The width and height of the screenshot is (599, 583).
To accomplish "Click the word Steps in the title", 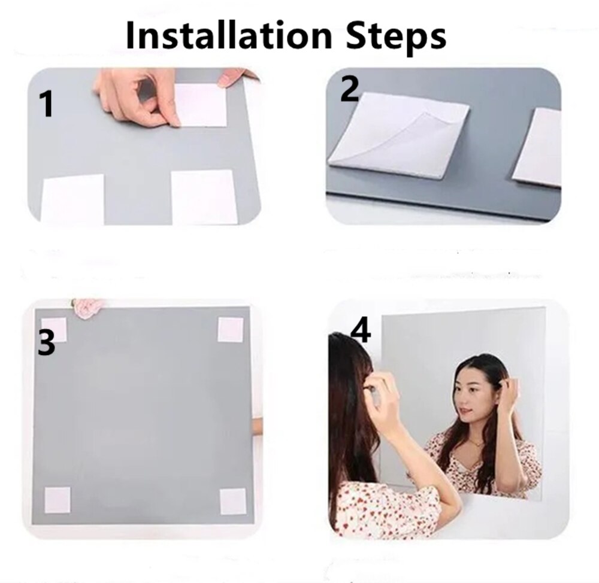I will (x=394, y=37).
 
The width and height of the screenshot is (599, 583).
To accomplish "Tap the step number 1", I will (x=46, y=104).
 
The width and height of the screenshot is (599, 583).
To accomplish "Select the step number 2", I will (x=350, y=89).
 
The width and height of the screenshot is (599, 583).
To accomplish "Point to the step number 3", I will (x=47, y=344).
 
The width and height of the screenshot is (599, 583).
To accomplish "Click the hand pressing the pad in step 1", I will (x=138, y=96).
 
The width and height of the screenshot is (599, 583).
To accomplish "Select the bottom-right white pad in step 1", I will (x=204, y=197).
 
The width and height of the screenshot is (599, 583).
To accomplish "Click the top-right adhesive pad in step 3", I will (x=230, y=330).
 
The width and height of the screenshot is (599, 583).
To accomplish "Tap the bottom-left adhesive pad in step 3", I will (x=58, y=500).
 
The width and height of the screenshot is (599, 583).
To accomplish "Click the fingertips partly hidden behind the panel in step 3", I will (x=257, y=426).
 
